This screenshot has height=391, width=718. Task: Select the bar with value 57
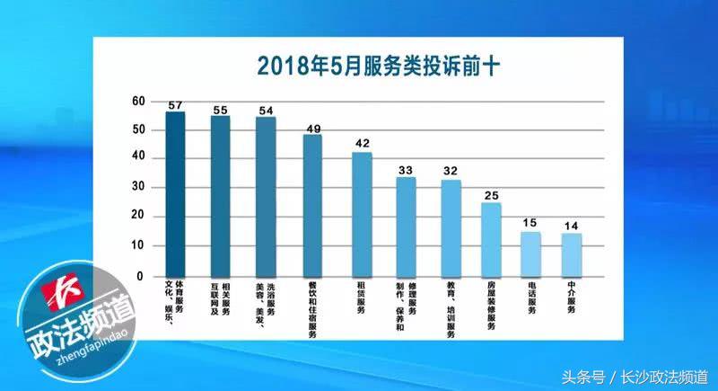176,193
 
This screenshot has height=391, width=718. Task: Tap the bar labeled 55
220,196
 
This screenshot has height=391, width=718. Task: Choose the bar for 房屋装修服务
491,238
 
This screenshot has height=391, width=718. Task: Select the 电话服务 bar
530,253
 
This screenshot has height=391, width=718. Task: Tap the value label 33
407,170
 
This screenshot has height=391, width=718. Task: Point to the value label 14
571,226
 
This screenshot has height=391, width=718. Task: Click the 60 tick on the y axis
137,101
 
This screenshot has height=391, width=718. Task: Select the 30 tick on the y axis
137,188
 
